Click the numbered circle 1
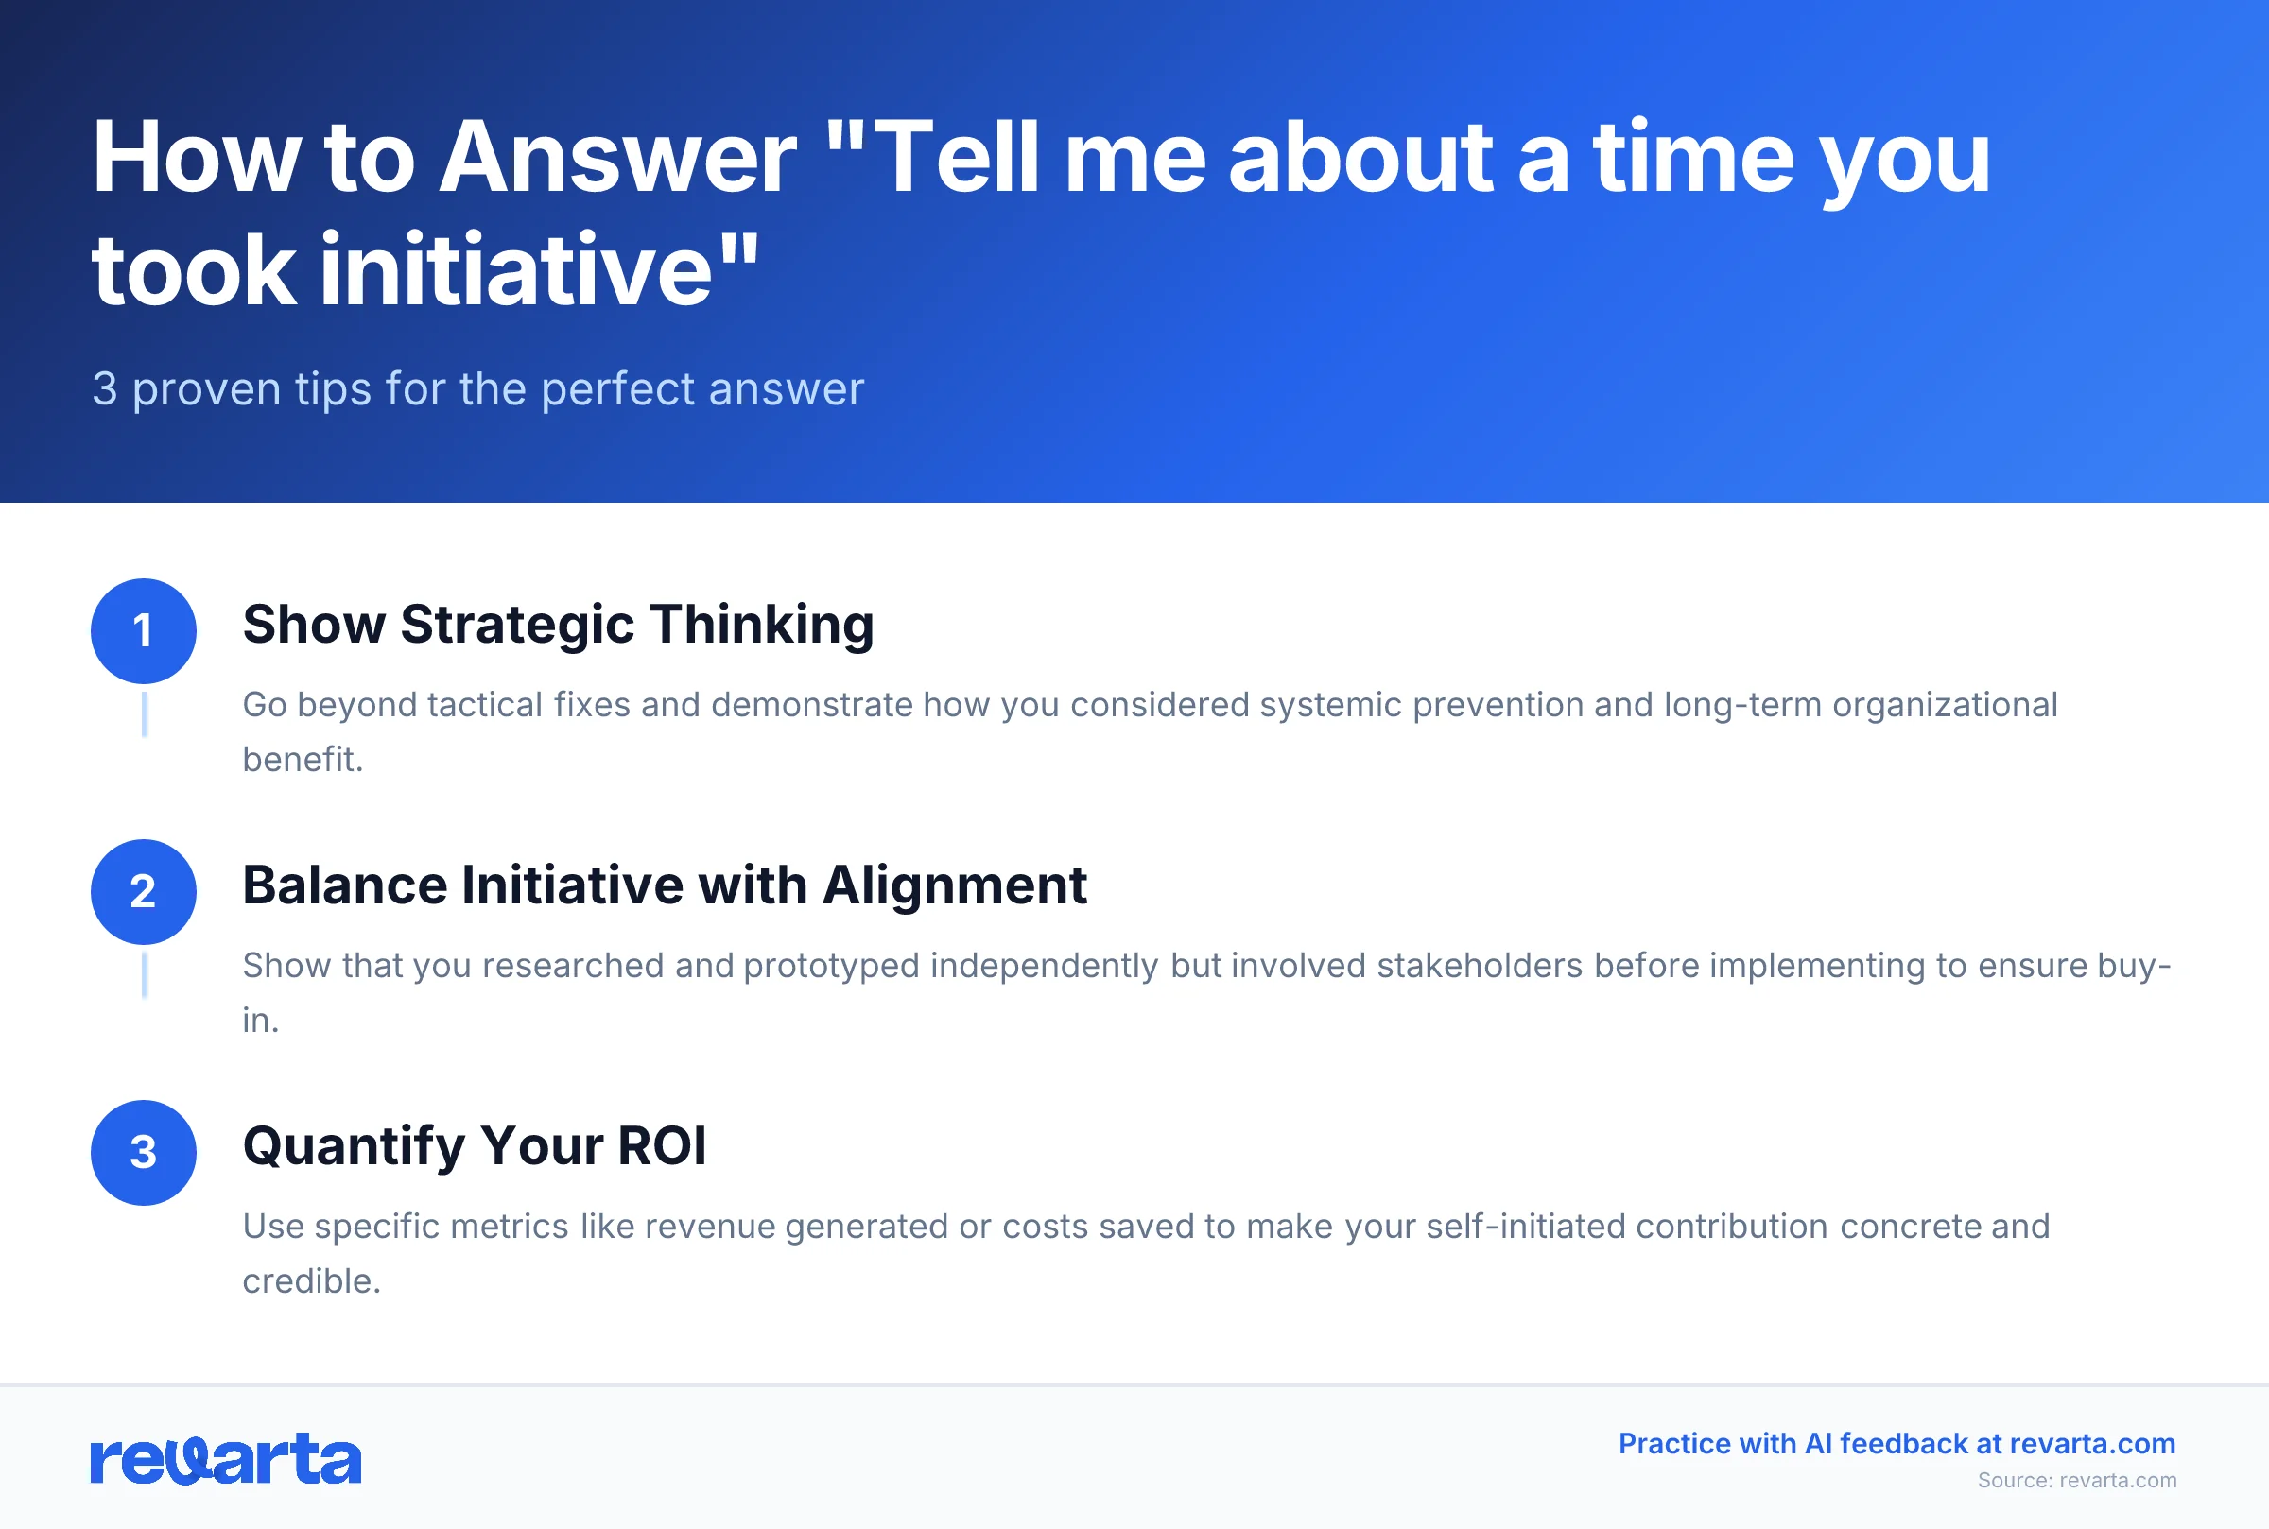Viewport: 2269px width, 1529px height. pyautogui.click(x=144, y=631)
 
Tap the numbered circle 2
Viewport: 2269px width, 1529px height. pyautogui.click(x=144, y=891)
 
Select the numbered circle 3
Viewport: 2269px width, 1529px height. pyautogui.click(x=144, y=1153)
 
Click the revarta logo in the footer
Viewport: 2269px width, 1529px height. pyautogui.click(x=225, y=1460)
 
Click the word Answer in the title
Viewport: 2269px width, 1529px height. pyautogui.click(x=617, y=158)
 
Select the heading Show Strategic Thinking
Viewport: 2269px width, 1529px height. pyautogui.click(x=558, y=624)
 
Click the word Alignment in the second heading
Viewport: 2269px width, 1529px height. pyautogui.click(x=954, y=885)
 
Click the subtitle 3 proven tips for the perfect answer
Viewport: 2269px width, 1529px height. pyautogui.click(x=478, y=389)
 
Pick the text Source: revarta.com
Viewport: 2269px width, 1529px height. pyautogui.click(x=2077, y=1480)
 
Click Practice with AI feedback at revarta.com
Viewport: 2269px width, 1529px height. pyautogui.click(x=1897, y=1443)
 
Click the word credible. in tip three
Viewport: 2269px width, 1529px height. pyautogui.click(x=311, y=1281)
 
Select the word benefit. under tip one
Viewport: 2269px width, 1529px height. pyautogui.click(x=303, y=760)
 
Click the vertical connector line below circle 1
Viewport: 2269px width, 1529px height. pyautogui.click(x=145, y=713)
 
